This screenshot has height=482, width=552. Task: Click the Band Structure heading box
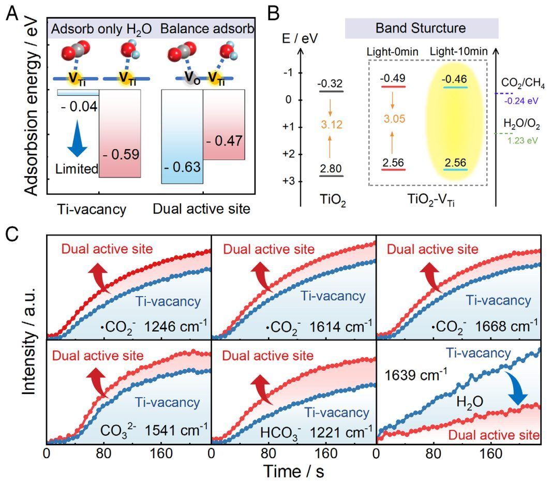[421, 28]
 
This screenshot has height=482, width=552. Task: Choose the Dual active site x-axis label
[201, 209]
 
